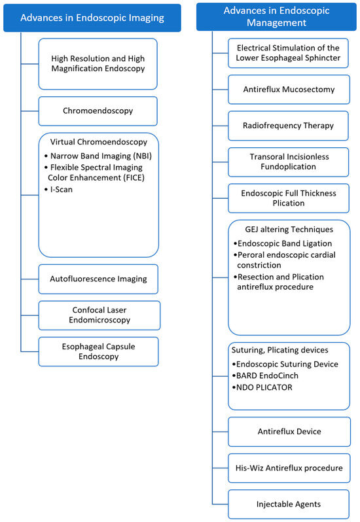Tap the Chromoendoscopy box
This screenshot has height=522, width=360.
(98, 111)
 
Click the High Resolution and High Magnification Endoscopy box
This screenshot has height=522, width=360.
(98, 63)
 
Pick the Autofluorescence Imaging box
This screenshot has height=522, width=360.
(98, 279)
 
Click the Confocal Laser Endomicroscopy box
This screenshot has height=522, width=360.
(98, 315)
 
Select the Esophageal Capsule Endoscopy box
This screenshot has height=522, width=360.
(98, 351)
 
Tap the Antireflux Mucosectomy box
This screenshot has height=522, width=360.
(289, 89)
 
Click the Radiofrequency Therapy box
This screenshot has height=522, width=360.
(289, 126)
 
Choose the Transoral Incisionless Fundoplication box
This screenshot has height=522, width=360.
(289, 162)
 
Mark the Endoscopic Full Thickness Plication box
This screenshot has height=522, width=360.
(289, 198)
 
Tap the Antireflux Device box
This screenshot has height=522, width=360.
(289, 431)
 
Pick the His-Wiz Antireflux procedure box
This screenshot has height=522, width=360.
(289, 468)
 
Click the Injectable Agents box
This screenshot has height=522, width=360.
(289, 504)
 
